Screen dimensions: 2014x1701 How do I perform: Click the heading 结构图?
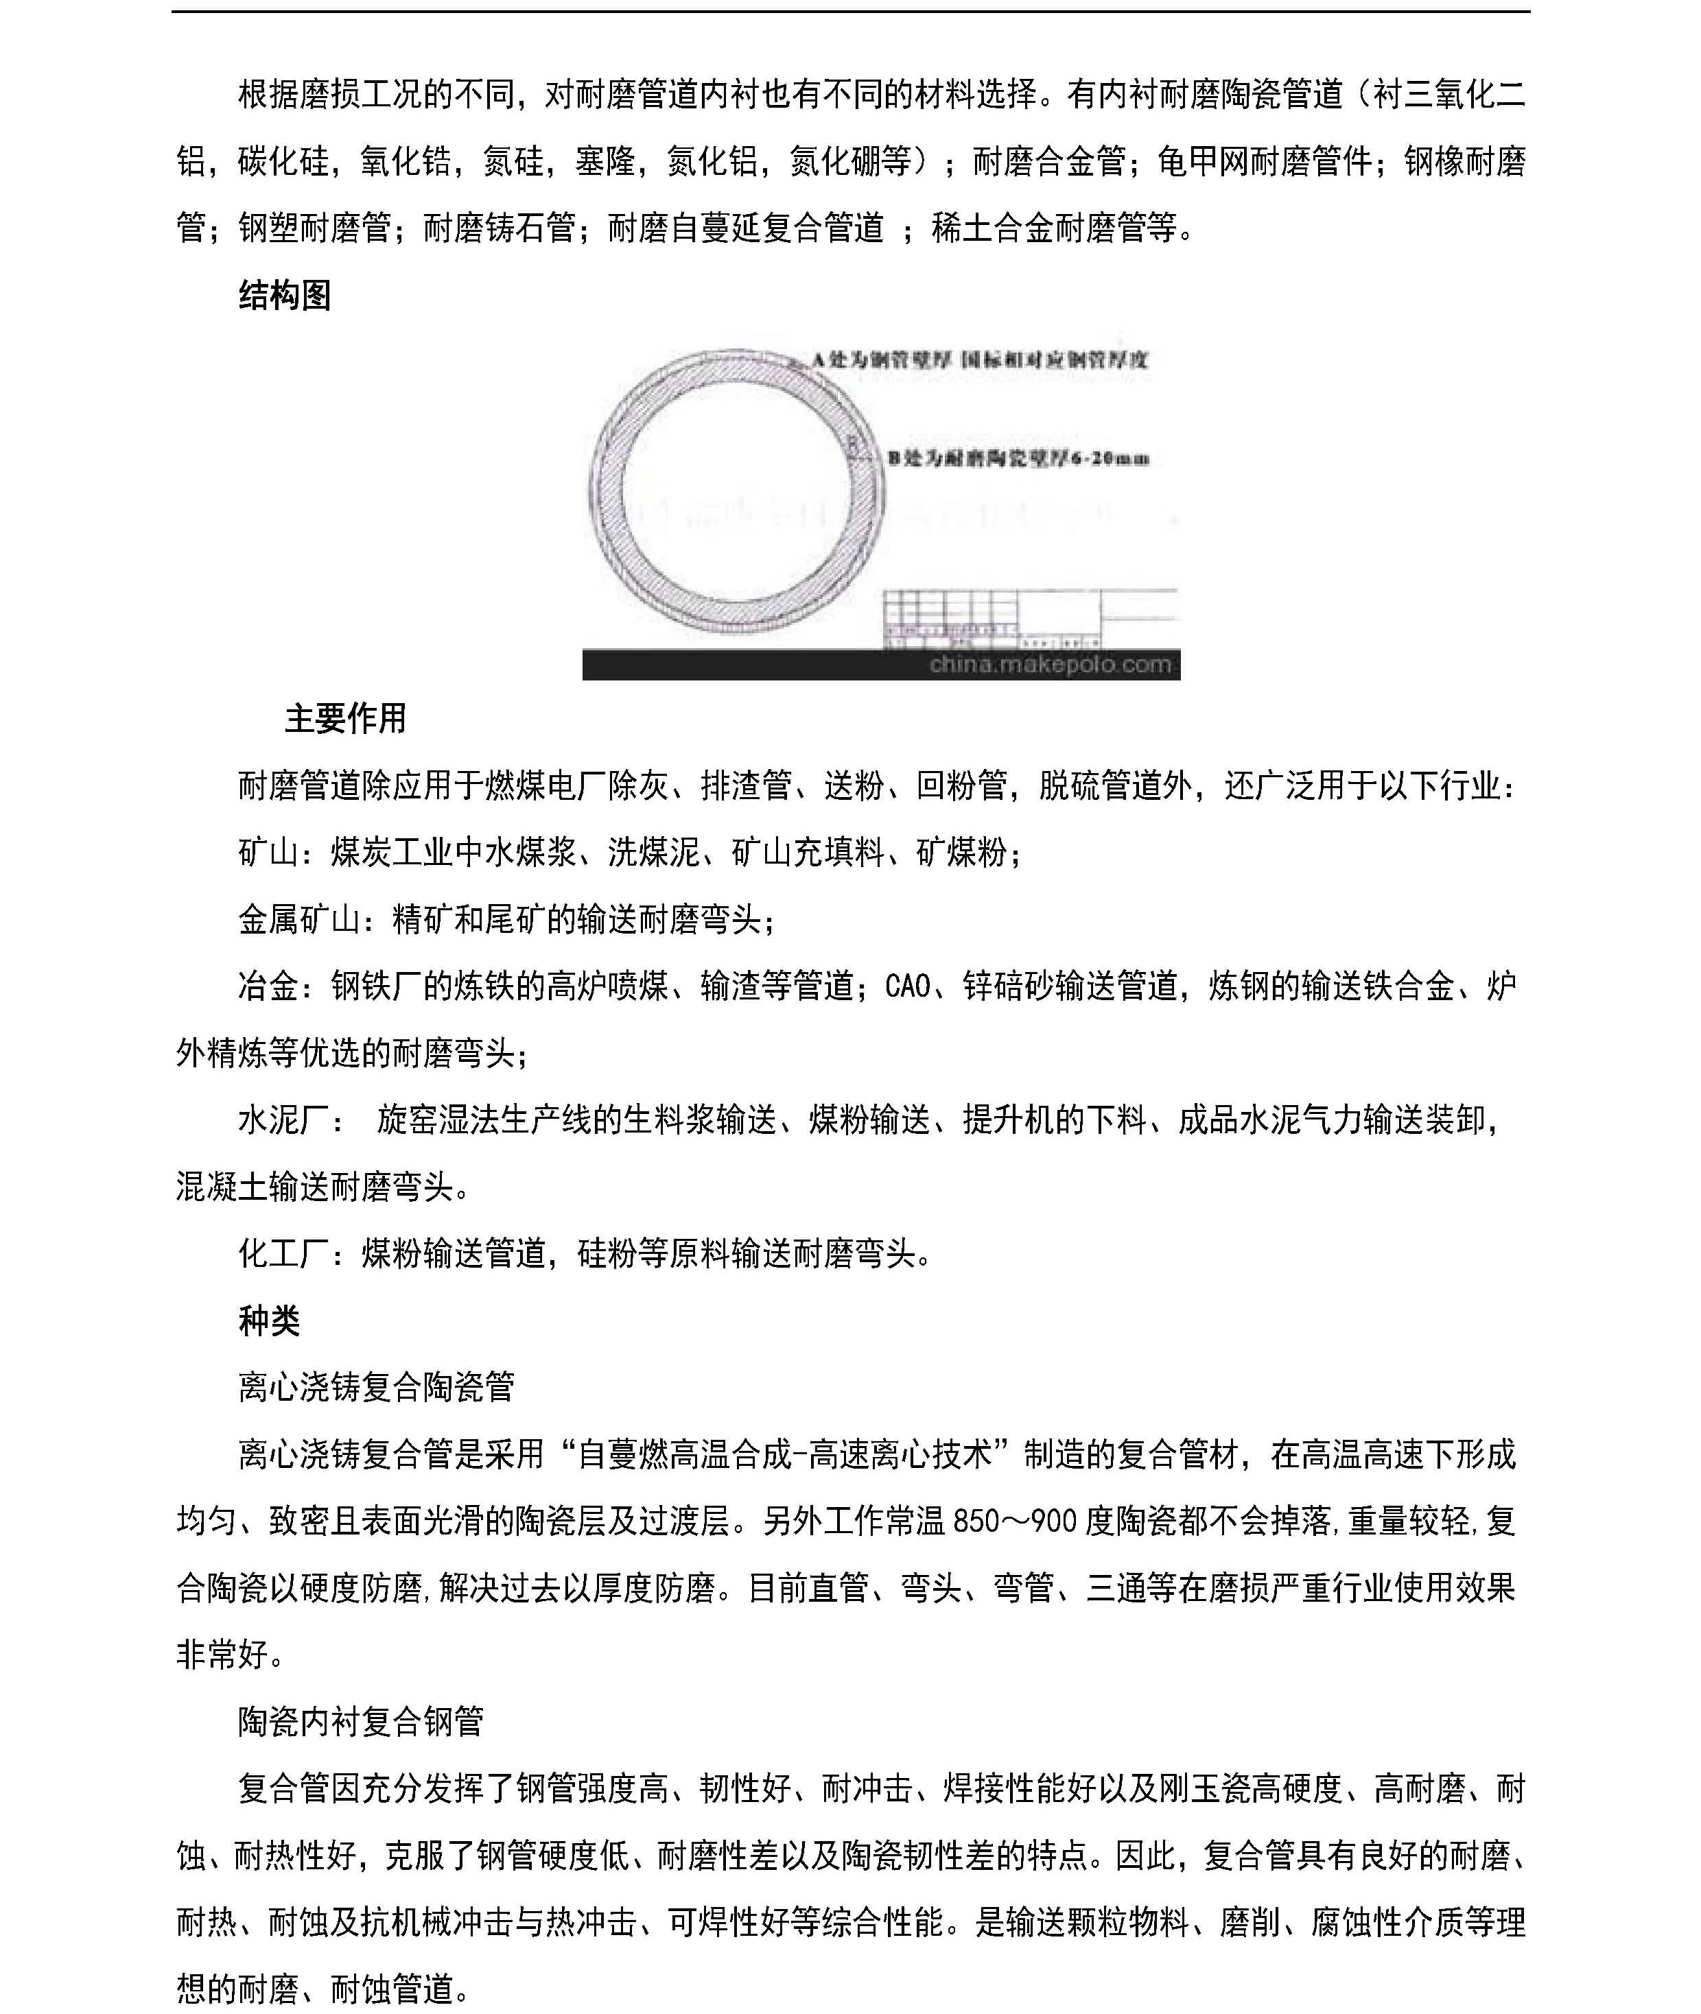[x=285, y=295]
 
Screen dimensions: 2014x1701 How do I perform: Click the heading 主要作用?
[x=345, y=718]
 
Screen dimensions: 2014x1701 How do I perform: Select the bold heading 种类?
[x=269, y=1320]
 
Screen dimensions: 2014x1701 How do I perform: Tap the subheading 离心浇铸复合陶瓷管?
[x=376, y=1387]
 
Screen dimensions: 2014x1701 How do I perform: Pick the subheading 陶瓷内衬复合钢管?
[x=361, y=1722]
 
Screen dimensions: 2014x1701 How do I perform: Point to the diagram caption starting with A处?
[x=978, y=361]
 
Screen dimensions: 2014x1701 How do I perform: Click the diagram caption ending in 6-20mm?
[x=1018, y=459]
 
